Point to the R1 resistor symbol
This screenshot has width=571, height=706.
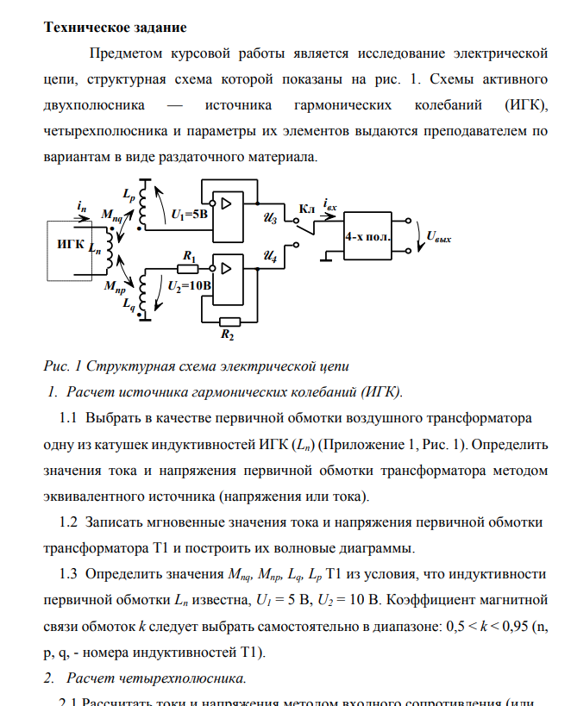click(x=188, y=269)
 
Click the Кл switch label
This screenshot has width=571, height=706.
click(x=306, y=209)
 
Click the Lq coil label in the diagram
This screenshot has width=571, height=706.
click(x=129, y=303)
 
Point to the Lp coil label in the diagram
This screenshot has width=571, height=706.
click(x=129, y=196)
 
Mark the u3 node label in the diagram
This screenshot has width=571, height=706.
click(x=269, y=220)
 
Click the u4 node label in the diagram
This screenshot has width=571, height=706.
click(x=269, y=257)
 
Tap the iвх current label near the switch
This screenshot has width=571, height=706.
click(x=330, y=205)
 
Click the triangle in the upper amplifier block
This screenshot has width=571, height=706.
click(x=227, y=204)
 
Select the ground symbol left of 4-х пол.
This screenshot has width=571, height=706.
click(x=329, y=255)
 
